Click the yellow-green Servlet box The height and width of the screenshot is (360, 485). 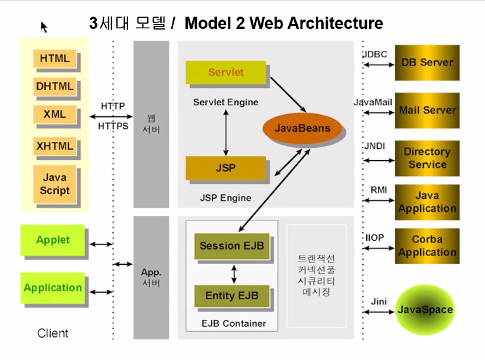pyautogui.click(x=226, y=72)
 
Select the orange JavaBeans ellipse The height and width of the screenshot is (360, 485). pyautogui.click(x=302, y=128)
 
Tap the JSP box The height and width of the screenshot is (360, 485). pyautogui.click(x=226, y=168)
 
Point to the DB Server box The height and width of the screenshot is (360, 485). pyautogui.click(x=427, y=62)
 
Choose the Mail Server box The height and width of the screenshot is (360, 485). pyautogui.click(x=427, y=111)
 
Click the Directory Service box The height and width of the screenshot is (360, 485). pyautogui.click(x=427, y=158)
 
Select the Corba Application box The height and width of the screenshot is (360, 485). pyautogui.click(x=427, y=246)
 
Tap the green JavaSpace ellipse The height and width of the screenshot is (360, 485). pyautogui.click(x=425, y=310)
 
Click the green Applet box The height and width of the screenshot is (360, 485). pyautogui.click(x=53, y=240)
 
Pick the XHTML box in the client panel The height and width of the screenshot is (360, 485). pyautogui.click(x=55, y=146)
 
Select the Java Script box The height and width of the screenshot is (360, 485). pyautogui.click(x=55, y=184)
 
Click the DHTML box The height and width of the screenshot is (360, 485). pyautogui.click(x=55, y=86)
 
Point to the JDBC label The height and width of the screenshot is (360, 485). pyautogui.click(x=375, y=54)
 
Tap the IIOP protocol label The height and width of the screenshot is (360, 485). pyautogui.click(x=375, y=238)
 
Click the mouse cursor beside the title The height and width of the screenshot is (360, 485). pyautogui.click(x=44, y=26)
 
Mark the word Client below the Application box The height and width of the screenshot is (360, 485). pyautogui.click(x=53, y=333)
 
